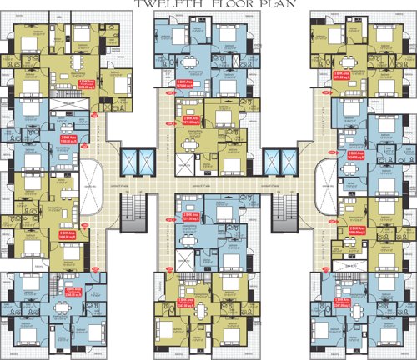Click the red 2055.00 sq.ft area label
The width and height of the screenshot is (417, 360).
tap(86, 83)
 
